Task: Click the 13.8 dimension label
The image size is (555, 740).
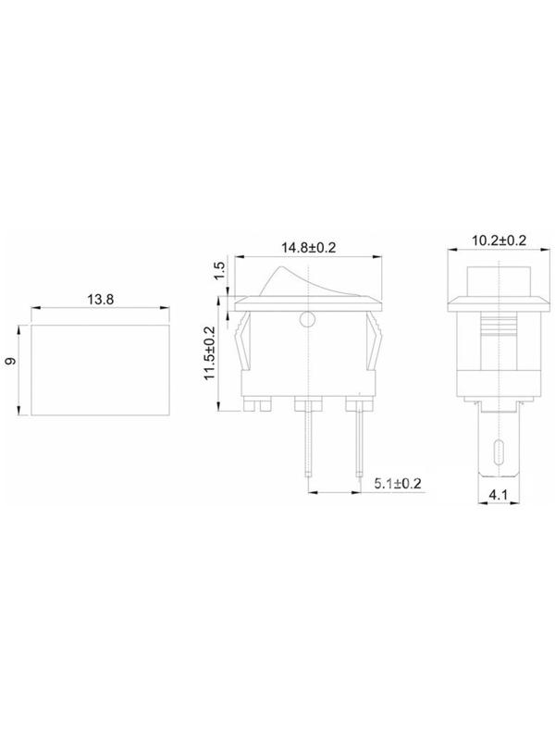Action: [x=101, y=299]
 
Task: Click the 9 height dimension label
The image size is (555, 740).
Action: [x=10, y=361]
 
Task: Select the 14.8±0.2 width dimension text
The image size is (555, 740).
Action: [x=309, y=247]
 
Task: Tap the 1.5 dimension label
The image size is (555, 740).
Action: [x=219, y=270]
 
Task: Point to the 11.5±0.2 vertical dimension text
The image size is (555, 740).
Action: [x=209, y=353]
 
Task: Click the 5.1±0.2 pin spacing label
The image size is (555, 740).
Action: [x=398, y=483]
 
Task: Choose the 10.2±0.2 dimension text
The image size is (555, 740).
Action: [x=499, y=240]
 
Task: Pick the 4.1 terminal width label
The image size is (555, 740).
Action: [x=498, y=495]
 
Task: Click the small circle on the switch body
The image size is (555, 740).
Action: [x=307, y=320]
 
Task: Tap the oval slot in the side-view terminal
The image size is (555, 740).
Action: [x=499, y=453]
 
